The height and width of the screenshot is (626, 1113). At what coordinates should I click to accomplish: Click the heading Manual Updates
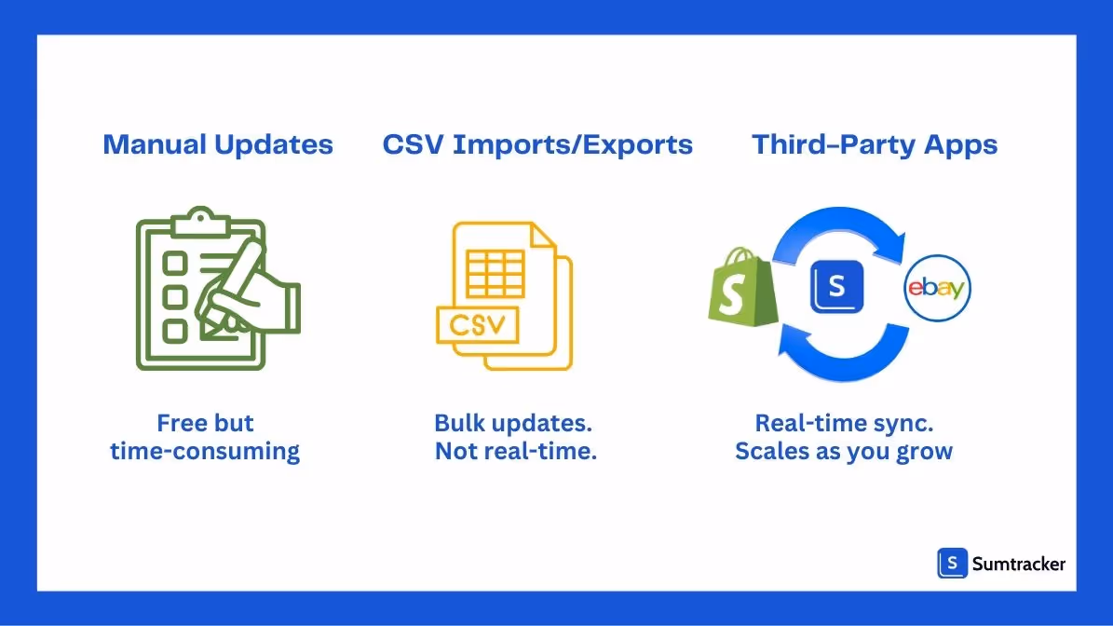[x=218, y=145]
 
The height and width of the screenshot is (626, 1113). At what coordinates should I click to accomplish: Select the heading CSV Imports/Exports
[x=537, y=145]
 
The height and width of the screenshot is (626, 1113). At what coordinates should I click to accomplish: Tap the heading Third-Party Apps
[x=875, y=145]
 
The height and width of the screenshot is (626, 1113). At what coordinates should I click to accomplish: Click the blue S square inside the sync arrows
[x=836, y=286]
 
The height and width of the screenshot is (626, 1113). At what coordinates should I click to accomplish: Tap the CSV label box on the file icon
[x=477, y=325]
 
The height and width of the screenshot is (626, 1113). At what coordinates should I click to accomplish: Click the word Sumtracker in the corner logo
[x=1018, y=563]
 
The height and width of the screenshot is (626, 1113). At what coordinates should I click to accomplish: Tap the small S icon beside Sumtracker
[x=952, y=563]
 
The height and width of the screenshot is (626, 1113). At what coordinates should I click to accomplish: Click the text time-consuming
[x=205, y=453]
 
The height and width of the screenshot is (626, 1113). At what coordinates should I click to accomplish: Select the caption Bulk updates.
[x=513, y=423]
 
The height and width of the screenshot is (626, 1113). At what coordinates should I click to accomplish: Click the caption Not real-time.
[x=515, y=453]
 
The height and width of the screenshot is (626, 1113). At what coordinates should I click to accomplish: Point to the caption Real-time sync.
[x=844, y=423]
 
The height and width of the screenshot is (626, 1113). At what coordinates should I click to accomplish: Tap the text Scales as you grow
[x=844, y=453]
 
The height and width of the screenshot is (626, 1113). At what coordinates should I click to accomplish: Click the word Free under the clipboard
[x=180, y=423]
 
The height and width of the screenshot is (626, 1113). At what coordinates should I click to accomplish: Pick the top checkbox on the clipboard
[x=174, y=265]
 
